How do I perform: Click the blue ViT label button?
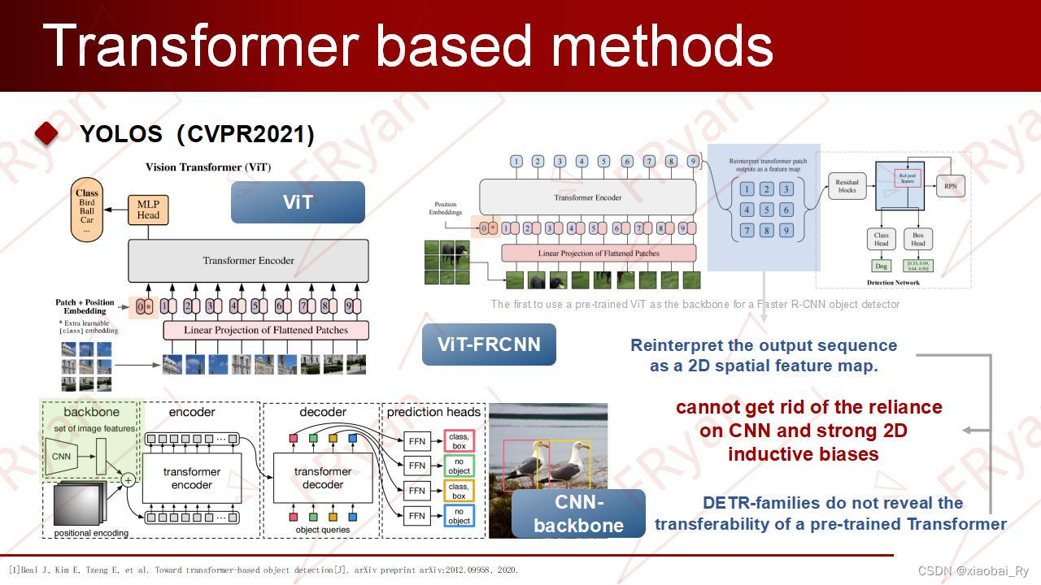298,202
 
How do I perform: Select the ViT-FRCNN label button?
489,344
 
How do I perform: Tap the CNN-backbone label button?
578,513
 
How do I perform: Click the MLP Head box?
148,210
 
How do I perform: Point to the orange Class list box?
87,210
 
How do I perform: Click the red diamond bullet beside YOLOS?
46,133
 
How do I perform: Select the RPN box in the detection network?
951,186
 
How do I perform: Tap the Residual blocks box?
847,186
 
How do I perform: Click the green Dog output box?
881,266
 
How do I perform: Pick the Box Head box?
917,239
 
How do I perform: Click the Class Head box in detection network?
881,239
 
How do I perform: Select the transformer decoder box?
322,478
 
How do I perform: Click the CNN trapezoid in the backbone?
62,456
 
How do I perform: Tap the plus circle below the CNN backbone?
128,481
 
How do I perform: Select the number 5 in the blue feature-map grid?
766,210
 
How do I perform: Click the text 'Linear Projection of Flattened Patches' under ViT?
266,331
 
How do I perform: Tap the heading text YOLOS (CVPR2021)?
197,133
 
